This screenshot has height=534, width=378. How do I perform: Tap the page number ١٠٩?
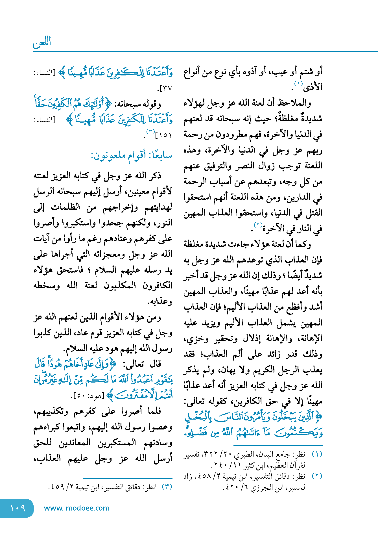click(18, 508)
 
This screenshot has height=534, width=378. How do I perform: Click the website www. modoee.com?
click(77, 508)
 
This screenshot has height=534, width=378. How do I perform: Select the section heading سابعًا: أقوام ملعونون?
click(131, 155)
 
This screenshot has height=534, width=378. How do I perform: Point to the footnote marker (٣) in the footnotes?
click(167, 487)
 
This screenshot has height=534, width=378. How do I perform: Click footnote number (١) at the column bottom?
click(317, 454)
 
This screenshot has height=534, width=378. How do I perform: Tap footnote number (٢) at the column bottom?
click(317, 476)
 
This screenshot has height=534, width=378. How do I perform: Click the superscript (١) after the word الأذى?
click(298, 83)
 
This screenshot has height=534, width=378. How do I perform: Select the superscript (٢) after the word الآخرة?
click(258, 225)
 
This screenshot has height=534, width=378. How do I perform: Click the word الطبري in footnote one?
click(246, 454)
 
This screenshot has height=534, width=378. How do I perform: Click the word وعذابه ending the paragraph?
click(160, 301)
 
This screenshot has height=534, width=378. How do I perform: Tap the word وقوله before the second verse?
click(152, 105)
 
